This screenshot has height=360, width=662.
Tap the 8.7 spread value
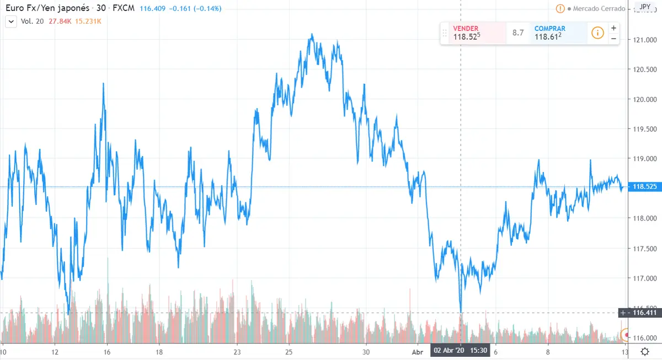coord(518,33)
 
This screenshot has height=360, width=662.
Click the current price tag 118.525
coord(643,187)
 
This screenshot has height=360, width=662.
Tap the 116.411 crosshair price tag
coord(643,313)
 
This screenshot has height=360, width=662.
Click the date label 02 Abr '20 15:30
coord(460,351)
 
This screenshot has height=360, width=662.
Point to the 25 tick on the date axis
coord(289,352)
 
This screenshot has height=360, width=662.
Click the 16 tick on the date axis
coord(106,352)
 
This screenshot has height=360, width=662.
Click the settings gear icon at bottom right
coord(644,352)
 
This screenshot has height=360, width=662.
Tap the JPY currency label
coord(644,7)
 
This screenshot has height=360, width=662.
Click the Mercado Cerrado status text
coord(599,9)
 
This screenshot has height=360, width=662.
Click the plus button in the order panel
coord(613,28)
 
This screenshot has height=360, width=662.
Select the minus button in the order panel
coord(613,39)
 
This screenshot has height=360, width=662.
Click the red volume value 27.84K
coord(60,22)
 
